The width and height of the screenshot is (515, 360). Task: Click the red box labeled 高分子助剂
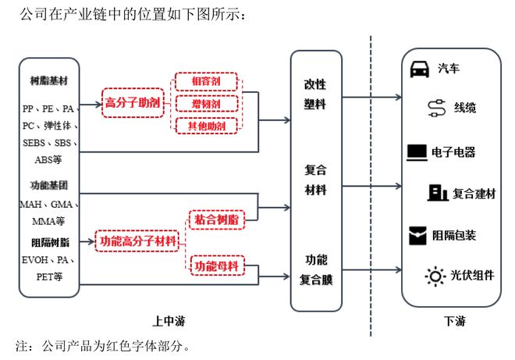(x=133, y=103)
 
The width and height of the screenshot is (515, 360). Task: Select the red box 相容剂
(x=206, y=81)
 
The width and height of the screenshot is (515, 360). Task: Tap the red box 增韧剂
(x=207, y=104)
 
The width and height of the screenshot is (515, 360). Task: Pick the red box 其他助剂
(x=207, y=126)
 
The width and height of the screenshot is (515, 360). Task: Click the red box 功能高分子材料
(x=137, y=241)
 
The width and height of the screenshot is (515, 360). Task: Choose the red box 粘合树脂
(x=217, y=219)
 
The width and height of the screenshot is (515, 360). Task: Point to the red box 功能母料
(x=217, y=266)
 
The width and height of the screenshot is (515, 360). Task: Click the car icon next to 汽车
(x=420, y=70)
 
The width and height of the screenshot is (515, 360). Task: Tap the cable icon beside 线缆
(x=437, y=108)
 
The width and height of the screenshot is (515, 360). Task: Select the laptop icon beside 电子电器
(x=417, y=152)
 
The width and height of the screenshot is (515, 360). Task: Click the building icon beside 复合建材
(x=438, y=193)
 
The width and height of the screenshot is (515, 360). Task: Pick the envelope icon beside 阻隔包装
(x=417, y=235)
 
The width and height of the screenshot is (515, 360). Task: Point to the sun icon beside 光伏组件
(x=435, y=276)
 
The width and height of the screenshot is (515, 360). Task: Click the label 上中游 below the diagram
(x=169, y=321)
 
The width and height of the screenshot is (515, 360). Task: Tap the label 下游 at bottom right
(x=455, y=321)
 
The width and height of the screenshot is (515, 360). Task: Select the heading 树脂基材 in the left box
(x=49, y=80)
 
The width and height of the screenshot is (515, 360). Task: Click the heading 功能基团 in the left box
(x=49, y=185)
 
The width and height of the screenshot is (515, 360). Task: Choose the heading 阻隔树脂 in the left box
(x=50, y=243)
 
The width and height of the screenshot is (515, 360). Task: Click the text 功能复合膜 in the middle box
(x=316, y=269)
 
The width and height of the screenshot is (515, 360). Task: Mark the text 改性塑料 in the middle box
(x=315, y=94)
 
